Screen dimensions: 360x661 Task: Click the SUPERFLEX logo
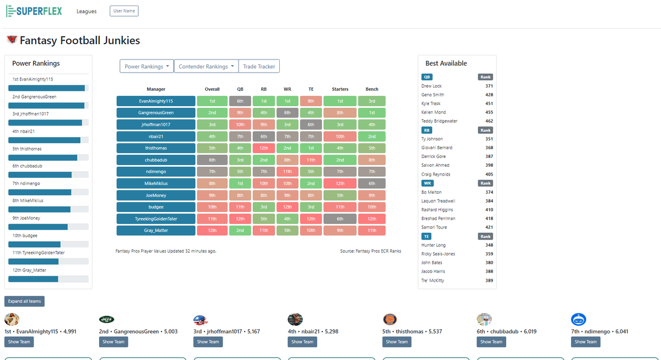(34, 11)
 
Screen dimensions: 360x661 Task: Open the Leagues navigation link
(86, 12)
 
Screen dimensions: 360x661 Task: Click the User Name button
(124, 11)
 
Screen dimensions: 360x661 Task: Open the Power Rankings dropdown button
(147, 66)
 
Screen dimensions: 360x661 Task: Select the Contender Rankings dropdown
(206, 66)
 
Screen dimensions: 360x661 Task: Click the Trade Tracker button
(259, 66)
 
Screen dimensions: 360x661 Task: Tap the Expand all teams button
(24, 301)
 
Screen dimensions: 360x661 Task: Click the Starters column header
(340, 89)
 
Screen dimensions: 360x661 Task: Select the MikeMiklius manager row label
(156, 183)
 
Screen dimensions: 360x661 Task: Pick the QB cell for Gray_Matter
(240, 231)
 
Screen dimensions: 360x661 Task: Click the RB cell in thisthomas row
(263, 148)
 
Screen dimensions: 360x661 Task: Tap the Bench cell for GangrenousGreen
(372, 113)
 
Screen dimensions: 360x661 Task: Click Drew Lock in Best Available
(432, 86)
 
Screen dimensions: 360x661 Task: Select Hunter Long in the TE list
(434, 245)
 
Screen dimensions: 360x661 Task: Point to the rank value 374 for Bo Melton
(489, 192)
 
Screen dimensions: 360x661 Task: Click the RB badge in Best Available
(427, 130)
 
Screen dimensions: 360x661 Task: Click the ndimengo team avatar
(578, 319)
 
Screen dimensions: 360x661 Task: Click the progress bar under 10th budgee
(48, 244)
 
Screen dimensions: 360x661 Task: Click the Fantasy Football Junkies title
(80, 40)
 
